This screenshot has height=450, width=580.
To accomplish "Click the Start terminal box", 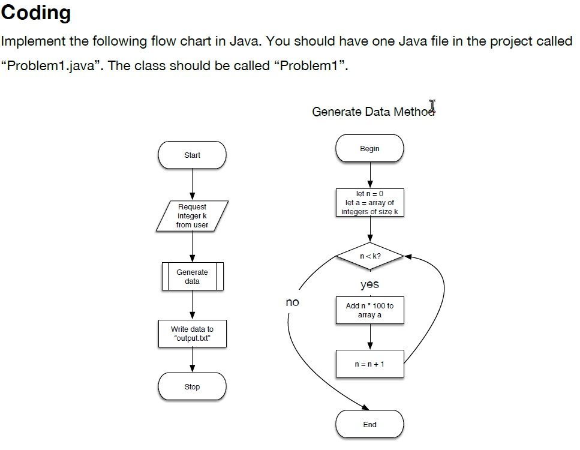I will click(192, 155).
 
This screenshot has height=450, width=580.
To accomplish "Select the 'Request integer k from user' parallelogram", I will click(192, 216).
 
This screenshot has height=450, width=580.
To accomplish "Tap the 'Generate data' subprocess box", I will click(192, 277).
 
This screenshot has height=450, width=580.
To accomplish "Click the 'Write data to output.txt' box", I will click(192, 334).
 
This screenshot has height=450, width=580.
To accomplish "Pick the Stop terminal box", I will click(192, 387).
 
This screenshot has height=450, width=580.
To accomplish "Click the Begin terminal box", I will click(369, 149).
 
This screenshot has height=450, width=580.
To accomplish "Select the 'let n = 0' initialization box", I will click(369, 203).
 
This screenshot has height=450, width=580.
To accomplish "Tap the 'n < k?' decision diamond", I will click(369, 256).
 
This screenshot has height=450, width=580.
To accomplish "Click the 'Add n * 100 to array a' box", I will click(369, 310).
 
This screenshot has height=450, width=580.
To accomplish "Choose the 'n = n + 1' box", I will click(369, 364).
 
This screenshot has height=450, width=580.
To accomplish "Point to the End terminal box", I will click(369, 425).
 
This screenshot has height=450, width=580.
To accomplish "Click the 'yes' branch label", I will click(369, 284).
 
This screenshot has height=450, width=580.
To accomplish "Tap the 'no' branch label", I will click(292, 302).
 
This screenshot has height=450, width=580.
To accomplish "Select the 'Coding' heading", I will click(36, 13).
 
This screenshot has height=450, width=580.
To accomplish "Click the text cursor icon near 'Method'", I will click(432, 107).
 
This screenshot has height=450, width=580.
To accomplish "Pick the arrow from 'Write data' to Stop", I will click(192, 360).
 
